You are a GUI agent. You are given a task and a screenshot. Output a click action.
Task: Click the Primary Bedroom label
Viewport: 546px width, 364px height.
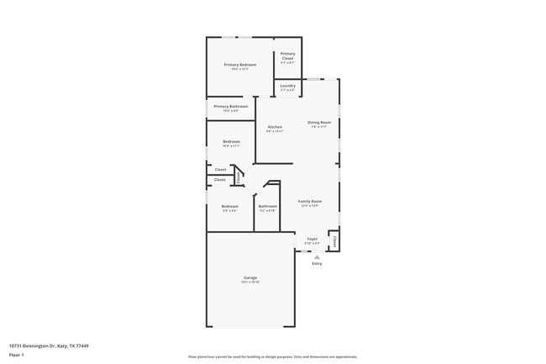pyautogui.click(x=240, y=65)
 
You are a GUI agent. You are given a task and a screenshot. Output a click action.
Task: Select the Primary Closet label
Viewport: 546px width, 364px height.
pyautogui.click(x=288, y=55)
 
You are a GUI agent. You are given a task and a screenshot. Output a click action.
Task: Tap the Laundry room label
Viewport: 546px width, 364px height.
pyautogui.click(x=287, y=85)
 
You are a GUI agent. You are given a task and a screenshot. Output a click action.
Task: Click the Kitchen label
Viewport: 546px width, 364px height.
pyautogui.click(x=275, y=126)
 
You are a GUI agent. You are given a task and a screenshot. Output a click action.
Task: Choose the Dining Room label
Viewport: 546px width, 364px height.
pyautogui.click(x=319, y=122)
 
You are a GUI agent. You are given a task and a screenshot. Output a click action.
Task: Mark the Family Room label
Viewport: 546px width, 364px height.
pyautogui.click(x=311, y=201)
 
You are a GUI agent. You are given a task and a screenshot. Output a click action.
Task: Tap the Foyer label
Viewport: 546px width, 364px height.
pyautogui.click(x=312, y=239)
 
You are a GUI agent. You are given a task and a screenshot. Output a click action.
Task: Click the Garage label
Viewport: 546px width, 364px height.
pyautogui.click(x=250, y=277)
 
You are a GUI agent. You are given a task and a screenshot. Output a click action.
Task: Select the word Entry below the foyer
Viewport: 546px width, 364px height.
pyautogui.click(x=317, y=264)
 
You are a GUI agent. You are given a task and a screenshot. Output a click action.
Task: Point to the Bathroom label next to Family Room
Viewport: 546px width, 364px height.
pyautogui.click(x=268, y=206)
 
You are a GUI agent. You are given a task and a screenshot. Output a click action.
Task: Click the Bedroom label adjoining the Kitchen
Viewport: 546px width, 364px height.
pyautogui.click(x=232, y=141)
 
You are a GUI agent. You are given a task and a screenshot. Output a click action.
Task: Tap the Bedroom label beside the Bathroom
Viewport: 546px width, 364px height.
pyautogui.click(x=230, y=206)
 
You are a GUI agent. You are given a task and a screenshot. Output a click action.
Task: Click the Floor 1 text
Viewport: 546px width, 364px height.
pyautogui.click(x=17, y=355)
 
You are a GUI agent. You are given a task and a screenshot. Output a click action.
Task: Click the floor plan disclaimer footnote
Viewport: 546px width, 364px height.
pyautogui.click(x=273, y=356)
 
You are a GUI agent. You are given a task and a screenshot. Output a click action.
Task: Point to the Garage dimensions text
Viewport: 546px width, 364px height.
pyautogui.click(x=250, y=282)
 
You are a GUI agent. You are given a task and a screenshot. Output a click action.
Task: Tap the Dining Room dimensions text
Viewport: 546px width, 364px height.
pyautogui.click(x=319, y=127)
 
